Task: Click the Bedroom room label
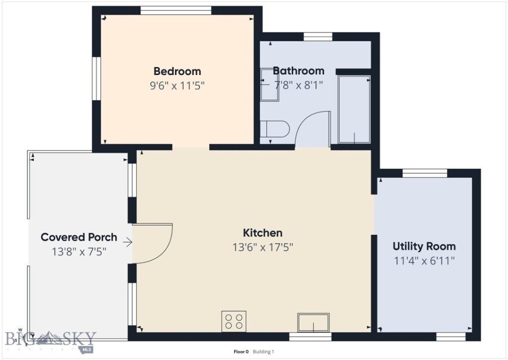(177, 71)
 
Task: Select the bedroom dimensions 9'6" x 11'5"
(177, 85)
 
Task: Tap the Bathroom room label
(298, 71)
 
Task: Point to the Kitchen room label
(262, 232)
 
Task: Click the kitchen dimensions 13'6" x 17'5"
(262, 247)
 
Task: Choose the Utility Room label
(424, 246)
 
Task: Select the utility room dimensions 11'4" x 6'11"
(424, 260)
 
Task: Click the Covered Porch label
(79, 237)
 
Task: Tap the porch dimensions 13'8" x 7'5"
(79, 251)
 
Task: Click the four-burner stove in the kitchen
(234, 320)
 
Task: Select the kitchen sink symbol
(313, 322)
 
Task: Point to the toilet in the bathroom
(274, 130)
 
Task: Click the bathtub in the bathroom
(354, 109)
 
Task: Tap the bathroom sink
(270, 84)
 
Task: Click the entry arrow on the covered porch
(127, 242)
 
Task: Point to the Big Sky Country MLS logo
(50, 339)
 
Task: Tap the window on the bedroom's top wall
(176, 10)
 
